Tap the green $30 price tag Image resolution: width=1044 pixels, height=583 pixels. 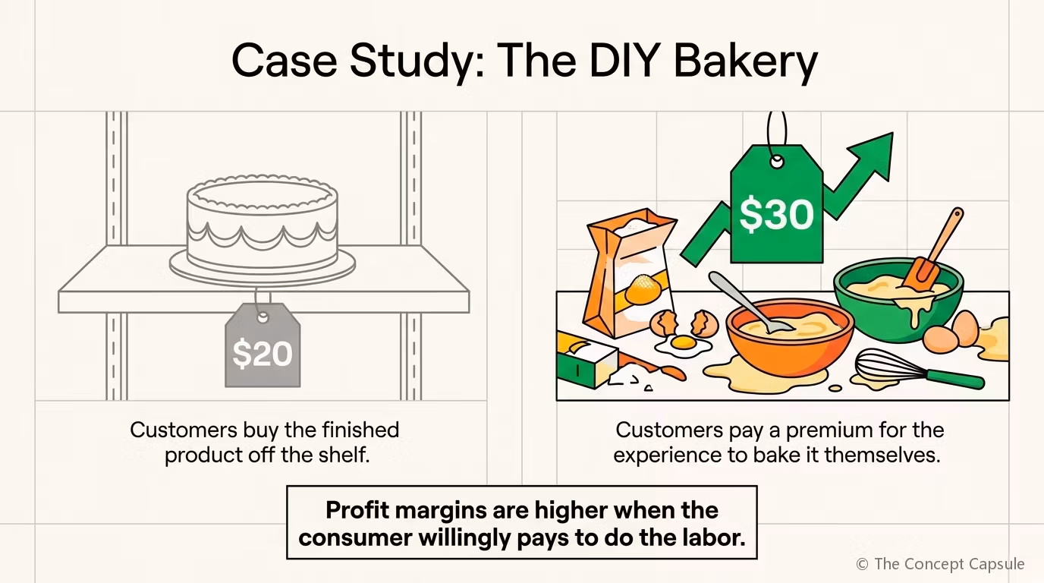[x=776, y=205]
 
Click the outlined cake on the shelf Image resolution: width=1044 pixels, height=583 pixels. [x=262, y=228]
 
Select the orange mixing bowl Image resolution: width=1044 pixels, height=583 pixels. [x=790, y=338]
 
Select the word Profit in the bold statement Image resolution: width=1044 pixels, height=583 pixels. [x=357, y=510]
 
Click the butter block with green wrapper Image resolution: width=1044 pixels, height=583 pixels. [x=587, y=361]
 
